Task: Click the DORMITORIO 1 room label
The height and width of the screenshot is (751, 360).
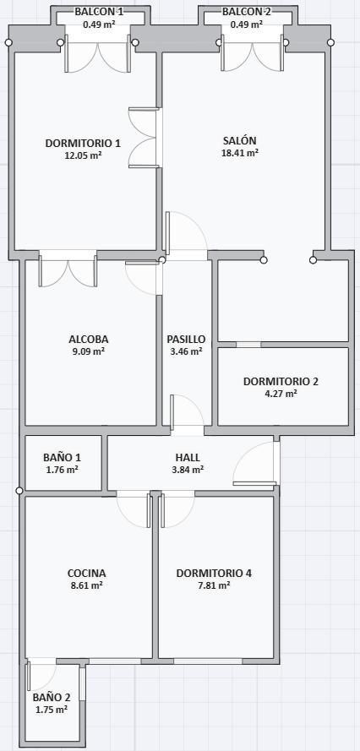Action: (x=83, y=143)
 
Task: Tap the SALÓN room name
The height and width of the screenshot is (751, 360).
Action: (x=240, y=140)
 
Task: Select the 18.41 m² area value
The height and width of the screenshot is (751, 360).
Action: (x=240, y=153)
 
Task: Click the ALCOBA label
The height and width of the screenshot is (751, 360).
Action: (x=88, y=339)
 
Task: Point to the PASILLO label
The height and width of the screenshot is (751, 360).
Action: (x=186, y=339)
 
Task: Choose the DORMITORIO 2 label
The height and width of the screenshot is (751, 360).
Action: (x=281, y=381)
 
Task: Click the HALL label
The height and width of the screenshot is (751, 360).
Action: (x=188, y=457)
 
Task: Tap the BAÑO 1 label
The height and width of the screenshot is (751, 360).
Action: (x=62, y=457)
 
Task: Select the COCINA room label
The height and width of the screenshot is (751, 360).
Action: (x=86, y=573)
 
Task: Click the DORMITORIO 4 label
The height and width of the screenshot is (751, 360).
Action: (x=214, y=573)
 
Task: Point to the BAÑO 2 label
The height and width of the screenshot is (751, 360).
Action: (x=52, y=697)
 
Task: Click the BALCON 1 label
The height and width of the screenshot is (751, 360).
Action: (x=99, y=12)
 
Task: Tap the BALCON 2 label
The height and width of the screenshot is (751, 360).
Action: (x=246, y=12)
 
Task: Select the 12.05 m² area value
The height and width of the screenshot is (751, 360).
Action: (x=83, y=155)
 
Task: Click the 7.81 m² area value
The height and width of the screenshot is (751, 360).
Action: (x=214, y=585)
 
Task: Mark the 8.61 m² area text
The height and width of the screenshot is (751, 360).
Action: (x=86, y=585)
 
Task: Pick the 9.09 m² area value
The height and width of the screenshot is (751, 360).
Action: (x=88, y=351)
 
